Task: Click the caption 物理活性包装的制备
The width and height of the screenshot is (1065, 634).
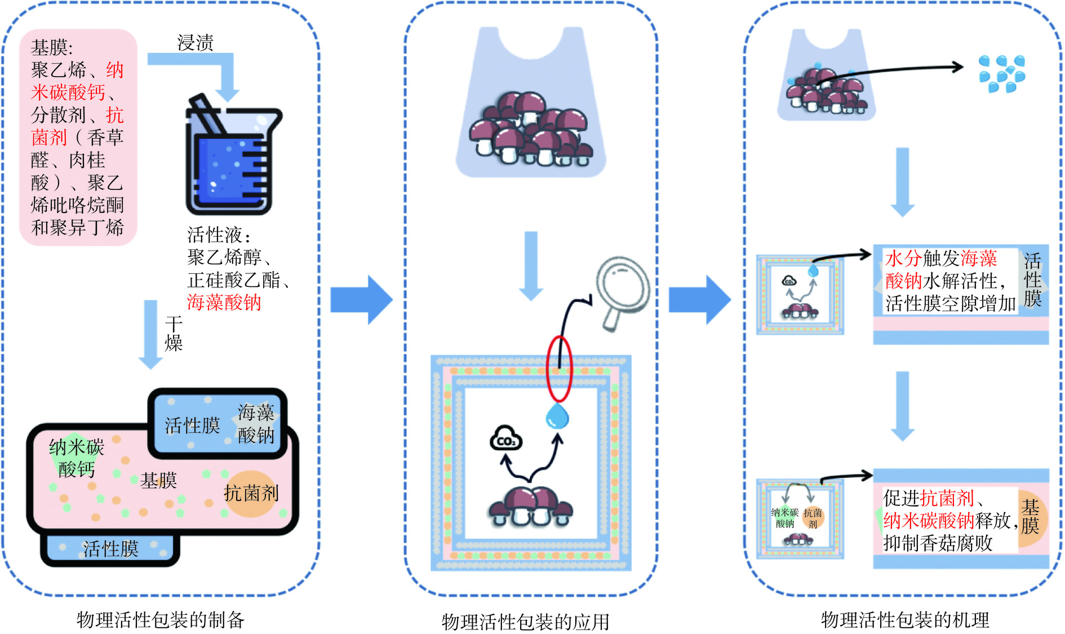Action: point(161,620)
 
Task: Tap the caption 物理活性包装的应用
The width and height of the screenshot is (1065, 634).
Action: point(525,622)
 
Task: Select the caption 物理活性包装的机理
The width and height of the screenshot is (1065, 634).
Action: point(905,620)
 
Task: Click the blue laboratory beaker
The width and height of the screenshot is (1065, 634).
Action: point(231,161)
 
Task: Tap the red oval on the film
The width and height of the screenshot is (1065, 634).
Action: point(559,370)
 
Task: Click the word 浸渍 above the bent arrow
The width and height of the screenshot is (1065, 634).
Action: point(195,43)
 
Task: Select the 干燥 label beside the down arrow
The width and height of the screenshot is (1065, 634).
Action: point(174,333)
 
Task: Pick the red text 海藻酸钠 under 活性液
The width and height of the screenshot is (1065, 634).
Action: point(224,303)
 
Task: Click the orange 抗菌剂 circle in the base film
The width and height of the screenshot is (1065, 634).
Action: point(251,494)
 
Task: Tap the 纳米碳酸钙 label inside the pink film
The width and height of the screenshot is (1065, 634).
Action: point(77,458)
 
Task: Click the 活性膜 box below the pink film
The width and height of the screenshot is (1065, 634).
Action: point(110,548)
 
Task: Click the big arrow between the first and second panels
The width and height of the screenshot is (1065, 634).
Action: point(361,299)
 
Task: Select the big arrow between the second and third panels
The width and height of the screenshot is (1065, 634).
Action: point(699,299)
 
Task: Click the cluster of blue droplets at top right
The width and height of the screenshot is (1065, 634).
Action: point(1002,73)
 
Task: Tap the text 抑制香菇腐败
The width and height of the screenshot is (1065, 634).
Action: point(938,543)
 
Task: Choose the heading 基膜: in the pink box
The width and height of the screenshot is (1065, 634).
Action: point(52,47)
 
